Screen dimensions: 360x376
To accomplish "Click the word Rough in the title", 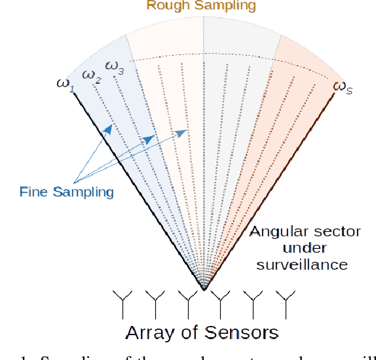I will click(166, 6).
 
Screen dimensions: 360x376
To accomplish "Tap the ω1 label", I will click(65, 86).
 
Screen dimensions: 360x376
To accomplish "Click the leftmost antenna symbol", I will click(123, 303).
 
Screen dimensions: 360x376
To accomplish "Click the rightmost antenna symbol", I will click(285, 303).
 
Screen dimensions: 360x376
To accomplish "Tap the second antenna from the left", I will click(155, 303).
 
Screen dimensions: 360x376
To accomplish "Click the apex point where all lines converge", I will click(204, 288).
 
